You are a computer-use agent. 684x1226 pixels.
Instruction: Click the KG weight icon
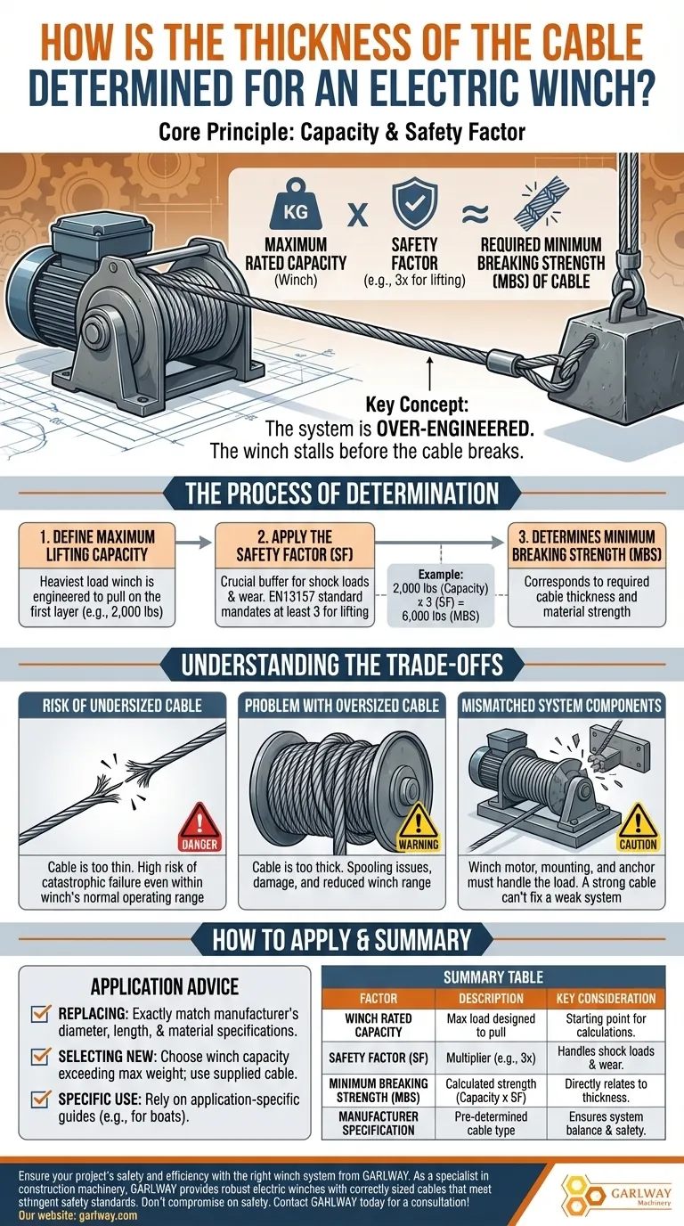[296, 204]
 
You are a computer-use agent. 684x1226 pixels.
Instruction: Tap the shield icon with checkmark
[415, 201]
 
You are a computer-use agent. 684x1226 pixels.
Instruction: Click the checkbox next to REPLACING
[40, 1013]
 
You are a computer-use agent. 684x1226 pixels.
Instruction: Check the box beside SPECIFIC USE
[40, 1099]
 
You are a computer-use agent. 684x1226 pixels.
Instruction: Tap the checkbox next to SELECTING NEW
[40, 1056]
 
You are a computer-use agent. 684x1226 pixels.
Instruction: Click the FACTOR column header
[379, 998]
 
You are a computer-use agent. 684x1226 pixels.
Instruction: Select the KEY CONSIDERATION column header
[606, 998]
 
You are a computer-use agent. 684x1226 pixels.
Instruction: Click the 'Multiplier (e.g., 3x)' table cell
[491, 1058]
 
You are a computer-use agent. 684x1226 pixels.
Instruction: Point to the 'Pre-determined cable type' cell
[491, 1124]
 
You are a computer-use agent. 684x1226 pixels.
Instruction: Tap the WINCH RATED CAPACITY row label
[379, 1026]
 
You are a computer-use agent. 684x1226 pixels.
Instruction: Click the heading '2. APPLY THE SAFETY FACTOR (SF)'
[295, 545]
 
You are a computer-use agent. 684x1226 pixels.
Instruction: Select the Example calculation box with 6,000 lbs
[441, 595]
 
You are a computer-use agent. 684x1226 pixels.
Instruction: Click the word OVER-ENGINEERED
[455, 429]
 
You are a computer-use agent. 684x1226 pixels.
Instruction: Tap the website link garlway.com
[108, 1215]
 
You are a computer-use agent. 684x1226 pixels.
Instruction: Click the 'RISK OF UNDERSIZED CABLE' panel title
[122, 706]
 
